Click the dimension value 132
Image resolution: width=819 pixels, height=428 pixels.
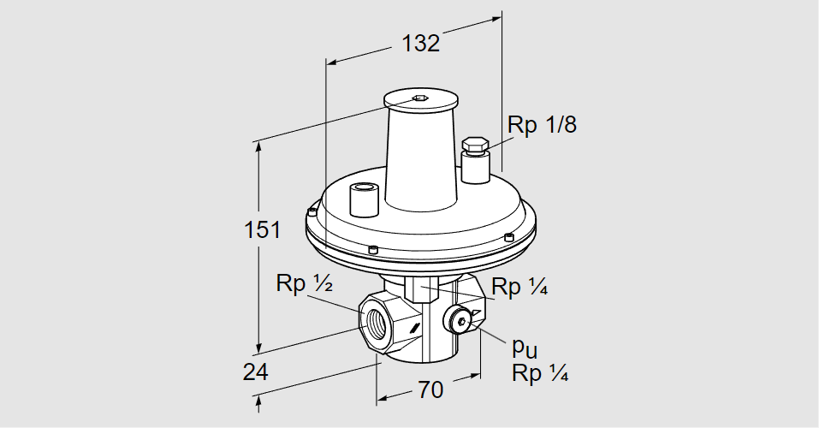[x=421, y=43]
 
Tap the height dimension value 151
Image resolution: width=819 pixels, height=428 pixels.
[x=260, y=229]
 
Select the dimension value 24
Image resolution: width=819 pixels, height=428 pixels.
[x=255, y=372]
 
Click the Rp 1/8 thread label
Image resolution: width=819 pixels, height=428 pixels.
[x=542, y=125]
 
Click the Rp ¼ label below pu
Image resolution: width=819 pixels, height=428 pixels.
[x=540, y=373]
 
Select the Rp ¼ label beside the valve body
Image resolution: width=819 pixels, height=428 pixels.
[x=519, y=288]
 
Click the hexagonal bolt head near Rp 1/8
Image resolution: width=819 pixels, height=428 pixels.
[x=474, y=145]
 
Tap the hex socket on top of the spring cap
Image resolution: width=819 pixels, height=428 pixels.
[x=419, y=98]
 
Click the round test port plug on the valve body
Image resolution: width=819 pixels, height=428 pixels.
[x=461, y=322]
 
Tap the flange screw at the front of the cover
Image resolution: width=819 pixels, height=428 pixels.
[x=374, y=249]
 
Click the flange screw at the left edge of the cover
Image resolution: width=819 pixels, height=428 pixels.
[x=313, y=211]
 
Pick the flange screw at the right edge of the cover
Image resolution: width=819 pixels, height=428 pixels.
[x=509, y=236]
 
